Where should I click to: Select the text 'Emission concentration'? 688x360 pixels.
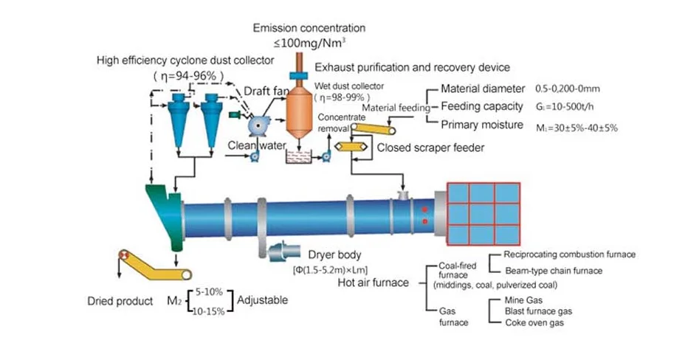pos(309,28)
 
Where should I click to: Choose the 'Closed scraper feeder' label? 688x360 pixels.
pos(430,148)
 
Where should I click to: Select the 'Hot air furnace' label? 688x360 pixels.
pos(373,283)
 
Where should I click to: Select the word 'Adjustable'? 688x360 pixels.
pos(262,300)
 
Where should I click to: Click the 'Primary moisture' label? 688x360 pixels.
pos(482,125)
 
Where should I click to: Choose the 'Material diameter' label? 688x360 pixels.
pos(483,89)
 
